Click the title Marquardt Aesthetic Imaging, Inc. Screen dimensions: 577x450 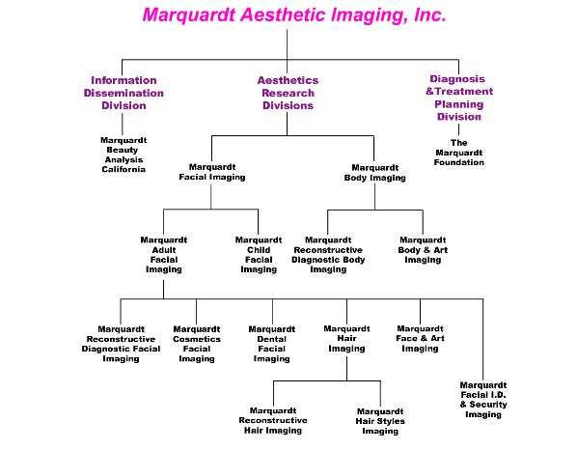tap(294, 15)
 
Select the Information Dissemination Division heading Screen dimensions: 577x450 tap(124, 93)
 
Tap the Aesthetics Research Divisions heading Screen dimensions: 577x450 tap(288, 93)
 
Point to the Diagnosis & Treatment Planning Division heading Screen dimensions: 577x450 tap(459, 98)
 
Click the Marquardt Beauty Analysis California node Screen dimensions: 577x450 tap(124, 155)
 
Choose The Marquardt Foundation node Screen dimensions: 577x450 tap(459, 153)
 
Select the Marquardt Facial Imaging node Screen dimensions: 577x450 tap(212, 172)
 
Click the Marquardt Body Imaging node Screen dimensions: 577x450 tap(375, 173)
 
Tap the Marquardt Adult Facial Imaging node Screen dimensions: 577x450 tap(164, 255)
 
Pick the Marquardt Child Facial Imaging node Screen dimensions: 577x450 tap(259, 255)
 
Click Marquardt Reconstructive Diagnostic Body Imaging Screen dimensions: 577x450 tap(328, 255)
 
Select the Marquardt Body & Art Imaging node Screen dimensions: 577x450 tap(423, 250)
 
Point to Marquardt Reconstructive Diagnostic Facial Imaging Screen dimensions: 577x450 tap(121, 344)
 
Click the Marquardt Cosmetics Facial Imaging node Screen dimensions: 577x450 tap(197, 344)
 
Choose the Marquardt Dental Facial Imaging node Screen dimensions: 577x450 tap(272, 344)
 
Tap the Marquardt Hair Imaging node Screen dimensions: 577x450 tap(346, 339)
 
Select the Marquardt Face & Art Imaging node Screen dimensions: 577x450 tap(421, 339)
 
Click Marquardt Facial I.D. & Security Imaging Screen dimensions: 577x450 tap(483, 400)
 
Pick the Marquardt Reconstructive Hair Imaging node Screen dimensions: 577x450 tap(273, 420)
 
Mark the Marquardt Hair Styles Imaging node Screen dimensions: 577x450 tap(380, 421)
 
